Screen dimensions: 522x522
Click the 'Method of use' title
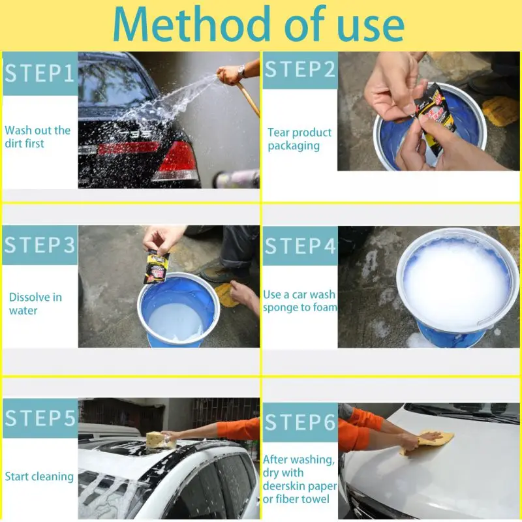coord(258,24)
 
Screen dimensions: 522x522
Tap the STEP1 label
coord(40,73)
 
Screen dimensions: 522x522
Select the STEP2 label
coord(300,70)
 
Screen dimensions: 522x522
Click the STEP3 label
coord(40,245)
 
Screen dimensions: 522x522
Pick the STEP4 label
coord(300,246)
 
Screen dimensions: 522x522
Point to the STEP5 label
coord(40,418)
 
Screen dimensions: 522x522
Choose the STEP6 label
coord(300,422)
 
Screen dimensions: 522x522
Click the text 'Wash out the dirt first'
coord(38,137)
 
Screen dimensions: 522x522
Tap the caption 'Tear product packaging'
coord(299,139)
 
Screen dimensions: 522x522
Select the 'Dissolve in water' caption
coord(35,303)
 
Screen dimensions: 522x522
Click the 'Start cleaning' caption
coord(39,476)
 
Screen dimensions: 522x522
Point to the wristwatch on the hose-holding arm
coord(241,71)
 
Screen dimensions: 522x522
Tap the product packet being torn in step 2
coord(435,119)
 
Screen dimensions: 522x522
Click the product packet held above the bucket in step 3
coord(157,266)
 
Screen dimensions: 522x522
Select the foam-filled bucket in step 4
coord(458,286)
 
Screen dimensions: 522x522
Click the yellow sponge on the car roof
coord(161,440)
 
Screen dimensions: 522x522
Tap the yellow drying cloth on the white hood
coord(428,441)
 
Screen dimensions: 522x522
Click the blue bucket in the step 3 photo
coord(178,311)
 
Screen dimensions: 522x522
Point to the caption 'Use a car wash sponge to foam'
coord(299,301)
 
